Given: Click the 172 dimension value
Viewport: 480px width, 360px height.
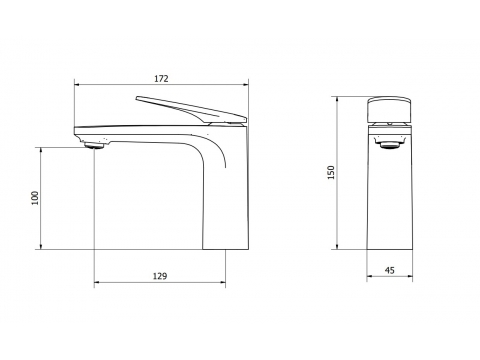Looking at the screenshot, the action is click(x=161, y=79).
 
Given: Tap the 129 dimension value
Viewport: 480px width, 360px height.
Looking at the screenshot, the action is click(x=160, y=276).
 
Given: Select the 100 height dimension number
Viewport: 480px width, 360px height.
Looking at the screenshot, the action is click(x=35, y=198).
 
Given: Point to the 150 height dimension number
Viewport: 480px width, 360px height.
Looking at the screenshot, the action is click(x=331, y=172).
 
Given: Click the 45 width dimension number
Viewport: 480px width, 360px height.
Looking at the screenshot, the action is click(x=389, y=270).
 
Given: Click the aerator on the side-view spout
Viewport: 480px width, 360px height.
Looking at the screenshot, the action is click(x=94, y=145).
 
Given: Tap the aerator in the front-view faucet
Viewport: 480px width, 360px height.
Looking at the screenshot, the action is click(x=389, y=144).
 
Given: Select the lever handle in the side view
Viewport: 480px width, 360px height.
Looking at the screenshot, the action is click(x=191, y=109).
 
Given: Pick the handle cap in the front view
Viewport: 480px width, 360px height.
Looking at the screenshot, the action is click(x=389, y=110).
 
